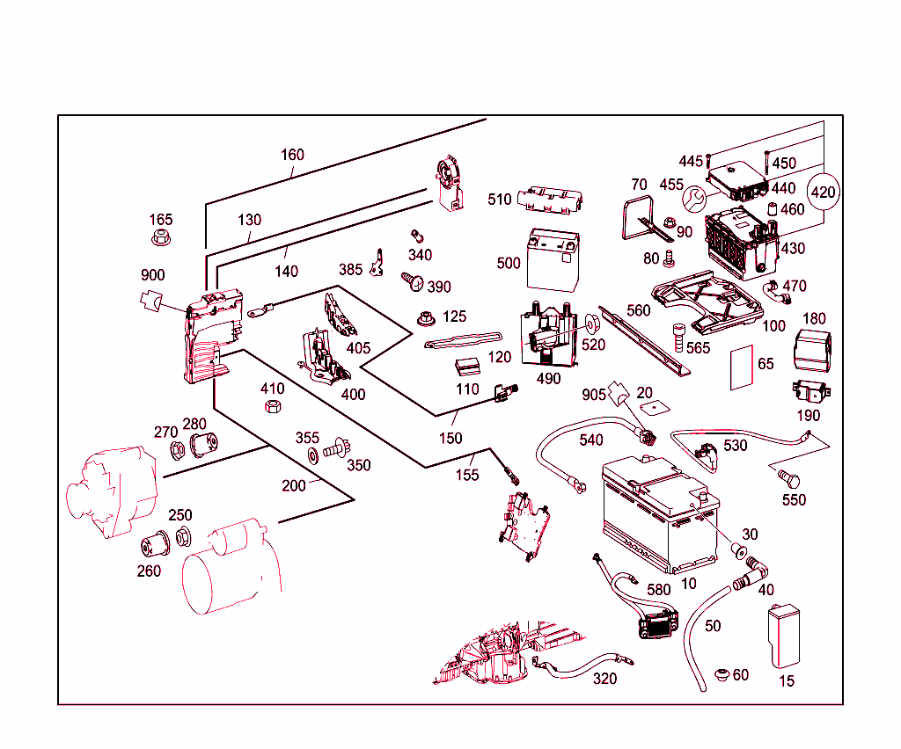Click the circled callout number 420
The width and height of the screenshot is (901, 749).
823,192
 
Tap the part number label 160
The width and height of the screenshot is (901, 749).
292,155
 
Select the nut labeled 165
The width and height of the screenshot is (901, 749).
161,237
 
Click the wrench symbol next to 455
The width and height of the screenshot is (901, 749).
694,199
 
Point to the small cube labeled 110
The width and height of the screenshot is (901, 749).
467,367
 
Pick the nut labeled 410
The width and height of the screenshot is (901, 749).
273,406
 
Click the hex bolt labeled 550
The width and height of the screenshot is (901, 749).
788,477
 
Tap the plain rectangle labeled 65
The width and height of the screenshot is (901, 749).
741,367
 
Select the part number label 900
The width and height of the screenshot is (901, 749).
153,275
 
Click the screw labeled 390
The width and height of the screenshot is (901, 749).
413,281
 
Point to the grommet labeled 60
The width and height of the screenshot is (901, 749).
722,674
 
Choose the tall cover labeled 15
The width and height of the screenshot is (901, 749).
784,636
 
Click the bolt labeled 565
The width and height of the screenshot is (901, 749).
678,338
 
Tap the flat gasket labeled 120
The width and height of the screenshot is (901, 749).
463,340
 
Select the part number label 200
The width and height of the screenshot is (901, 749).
294,485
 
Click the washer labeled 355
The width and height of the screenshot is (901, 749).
313,455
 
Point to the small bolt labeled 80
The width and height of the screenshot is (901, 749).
669,258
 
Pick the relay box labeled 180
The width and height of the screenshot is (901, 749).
812,350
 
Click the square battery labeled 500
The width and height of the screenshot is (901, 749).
553,260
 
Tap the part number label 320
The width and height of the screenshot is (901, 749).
604,679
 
